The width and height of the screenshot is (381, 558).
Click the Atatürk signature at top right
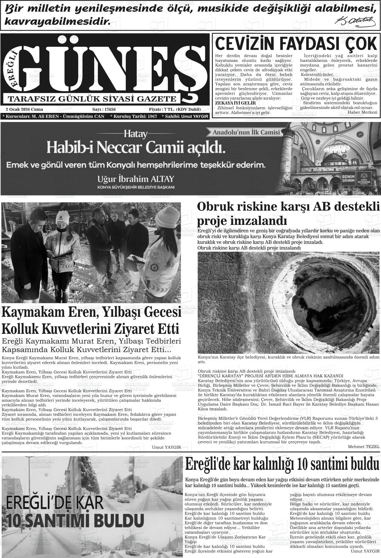[x=353, y=21]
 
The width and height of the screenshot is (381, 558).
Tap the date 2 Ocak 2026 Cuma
[x=24, y=109]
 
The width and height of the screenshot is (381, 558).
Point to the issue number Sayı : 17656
[x=104, y=109]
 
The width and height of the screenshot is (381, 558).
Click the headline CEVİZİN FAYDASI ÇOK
[x=296, y=44]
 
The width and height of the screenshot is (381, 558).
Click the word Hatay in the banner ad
[x=135, y=134]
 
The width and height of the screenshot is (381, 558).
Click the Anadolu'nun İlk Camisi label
[x=247, y=132]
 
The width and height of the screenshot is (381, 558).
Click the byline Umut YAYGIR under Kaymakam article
[x=166, y=447]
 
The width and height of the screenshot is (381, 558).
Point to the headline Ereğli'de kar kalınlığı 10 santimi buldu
[x=282, y=464]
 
